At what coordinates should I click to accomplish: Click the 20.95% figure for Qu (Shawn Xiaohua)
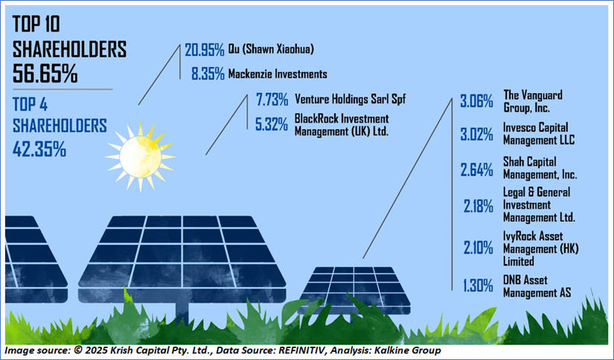[205, 50]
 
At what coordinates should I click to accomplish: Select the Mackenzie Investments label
[278, 74]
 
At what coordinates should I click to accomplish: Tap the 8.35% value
[208, 74]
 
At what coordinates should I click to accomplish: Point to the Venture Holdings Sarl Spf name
[350, 99]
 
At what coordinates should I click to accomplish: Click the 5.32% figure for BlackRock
[272, 125]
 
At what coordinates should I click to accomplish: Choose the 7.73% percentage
[272, 100]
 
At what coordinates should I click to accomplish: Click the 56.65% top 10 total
[45, 73]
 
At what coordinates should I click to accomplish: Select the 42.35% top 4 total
[39, 149]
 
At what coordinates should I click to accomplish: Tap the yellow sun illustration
[140, 157]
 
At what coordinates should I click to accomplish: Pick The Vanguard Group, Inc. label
[533, 101]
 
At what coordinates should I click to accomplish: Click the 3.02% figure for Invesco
[476, 135]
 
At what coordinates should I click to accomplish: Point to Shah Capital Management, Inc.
[540, 168]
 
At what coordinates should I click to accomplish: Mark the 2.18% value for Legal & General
[478, 206]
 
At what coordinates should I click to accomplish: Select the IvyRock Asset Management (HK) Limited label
[541, 248]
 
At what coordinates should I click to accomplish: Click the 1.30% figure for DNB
[478, 286]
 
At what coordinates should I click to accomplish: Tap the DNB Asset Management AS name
[537, 286]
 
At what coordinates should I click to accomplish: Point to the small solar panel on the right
[354, 290]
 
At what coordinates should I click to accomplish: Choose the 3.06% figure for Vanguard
[476, 102]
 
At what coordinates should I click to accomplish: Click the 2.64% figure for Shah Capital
[476, 170]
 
